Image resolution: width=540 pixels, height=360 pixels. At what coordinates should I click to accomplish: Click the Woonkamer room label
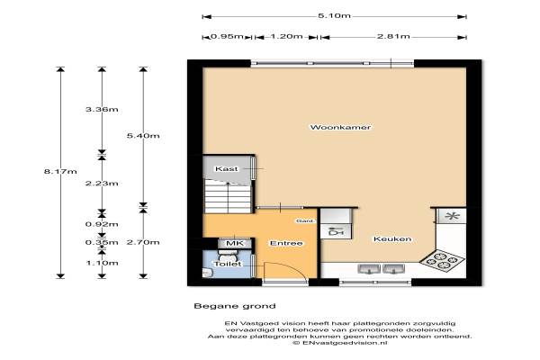tap(340, 127)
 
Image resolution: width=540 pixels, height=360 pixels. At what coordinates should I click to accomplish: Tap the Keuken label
tap(392, 238)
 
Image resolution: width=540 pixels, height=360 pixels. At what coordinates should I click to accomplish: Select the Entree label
tap(286, 243)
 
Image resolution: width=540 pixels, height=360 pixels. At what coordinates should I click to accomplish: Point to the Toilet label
tap(228, 264)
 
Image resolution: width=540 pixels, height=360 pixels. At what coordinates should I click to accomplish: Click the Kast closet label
tap(226, 169)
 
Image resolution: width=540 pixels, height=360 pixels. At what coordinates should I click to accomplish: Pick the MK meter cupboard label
tap(235, 243)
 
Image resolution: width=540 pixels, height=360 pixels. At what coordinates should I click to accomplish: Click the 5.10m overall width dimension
tap(334, 16)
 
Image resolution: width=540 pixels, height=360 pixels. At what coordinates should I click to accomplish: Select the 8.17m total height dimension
tap(60, 171)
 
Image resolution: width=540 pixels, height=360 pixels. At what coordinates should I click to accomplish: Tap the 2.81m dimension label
tap(393, 37)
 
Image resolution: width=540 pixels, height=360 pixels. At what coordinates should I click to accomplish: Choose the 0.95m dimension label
tap(227, 37)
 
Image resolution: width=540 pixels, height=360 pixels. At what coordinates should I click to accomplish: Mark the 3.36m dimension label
tap(102, 110)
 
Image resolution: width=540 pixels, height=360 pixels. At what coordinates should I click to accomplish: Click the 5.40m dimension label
tap(143, 136)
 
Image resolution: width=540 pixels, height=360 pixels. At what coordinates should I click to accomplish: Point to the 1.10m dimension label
tap(102, 263)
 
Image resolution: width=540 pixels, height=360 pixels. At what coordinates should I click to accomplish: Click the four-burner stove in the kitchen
tap(442, 260)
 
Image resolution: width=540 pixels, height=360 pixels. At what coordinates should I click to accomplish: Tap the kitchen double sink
tap(382, 269)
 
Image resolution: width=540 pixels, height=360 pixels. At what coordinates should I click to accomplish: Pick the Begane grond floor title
tap(235, 306)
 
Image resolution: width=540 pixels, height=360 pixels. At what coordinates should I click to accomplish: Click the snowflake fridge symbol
tap(452, 216)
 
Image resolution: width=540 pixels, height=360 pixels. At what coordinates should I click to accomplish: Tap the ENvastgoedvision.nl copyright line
tap(340, 343)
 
